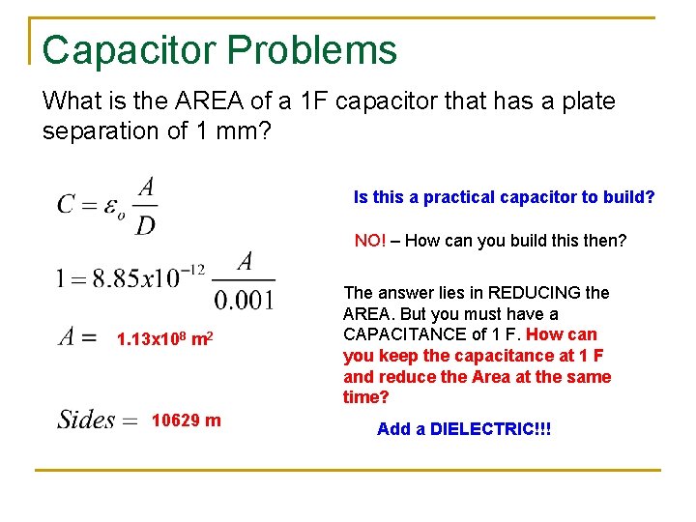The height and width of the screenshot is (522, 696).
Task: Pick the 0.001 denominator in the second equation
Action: tap(244, 300)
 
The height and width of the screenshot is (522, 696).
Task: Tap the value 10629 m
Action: tap(186, 420)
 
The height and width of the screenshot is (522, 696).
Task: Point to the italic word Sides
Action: tap(85, 420)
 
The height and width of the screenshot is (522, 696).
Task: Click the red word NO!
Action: tap(370, 241)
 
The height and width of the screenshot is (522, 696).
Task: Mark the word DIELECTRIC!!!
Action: tap(491, 428)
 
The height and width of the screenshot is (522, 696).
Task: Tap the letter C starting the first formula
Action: tap(67, 204)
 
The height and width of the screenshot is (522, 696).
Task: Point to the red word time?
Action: tap(364, 398)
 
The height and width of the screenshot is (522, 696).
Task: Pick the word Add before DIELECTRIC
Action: tap(393, 428)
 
